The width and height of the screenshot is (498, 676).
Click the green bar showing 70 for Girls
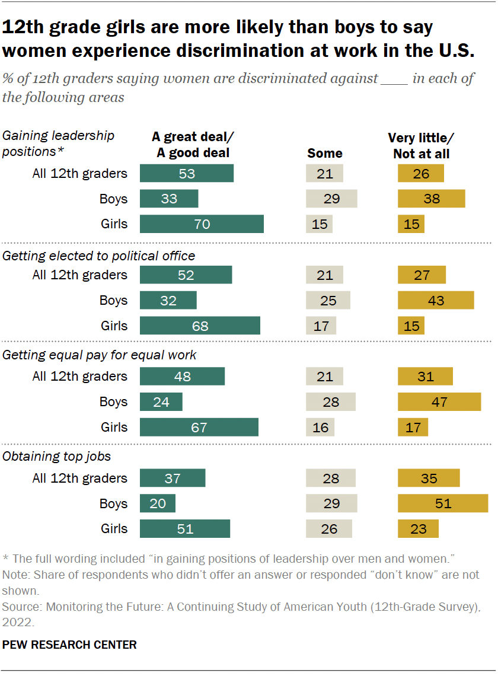[x=202, y=224]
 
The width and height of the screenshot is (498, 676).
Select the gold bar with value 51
[x=442, y=503]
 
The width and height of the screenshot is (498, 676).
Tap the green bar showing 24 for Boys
[x=161, y=402]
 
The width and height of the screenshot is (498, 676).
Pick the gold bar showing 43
[x=436, y=301]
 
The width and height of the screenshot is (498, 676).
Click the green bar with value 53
[x=187, y=173]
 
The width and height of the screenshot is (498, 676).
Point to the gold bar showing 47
[x=439, y=402]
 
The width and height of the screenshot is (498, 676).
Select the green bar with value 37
[x=173, y=478]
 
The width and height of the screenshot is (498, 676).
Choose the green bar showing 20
[x=158, y=503]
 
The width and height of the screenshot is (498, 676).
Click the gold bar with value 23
[x=418, y=529]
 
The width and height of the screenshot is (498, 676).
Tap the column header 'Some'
[x=325, y=153]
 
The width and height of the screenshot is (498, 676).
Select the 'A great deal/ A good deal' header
[x=193, y=145]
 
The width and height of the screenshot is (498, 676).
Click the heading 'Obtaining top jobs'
[x=57, y=457]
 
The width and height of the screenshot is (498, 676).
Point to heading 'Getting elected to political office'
[x=99, y=256]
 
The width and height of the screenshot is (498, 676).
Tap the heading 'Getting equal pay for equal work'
[x=100, y=355]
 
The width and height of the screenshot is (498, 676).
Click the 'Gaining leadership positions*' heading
[x=59, y=144]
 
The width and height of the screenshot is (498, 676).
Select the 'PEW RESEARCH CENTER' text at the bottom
[x=69, y=645]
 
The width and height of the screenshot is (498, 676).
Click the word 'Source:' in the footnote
[x=20, y=607]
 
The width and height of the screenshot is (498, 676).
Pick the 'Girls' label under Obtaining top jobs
[x=113, y=529]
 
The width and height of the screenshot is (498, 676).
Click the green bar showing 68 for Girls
[x=200, y=326]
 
